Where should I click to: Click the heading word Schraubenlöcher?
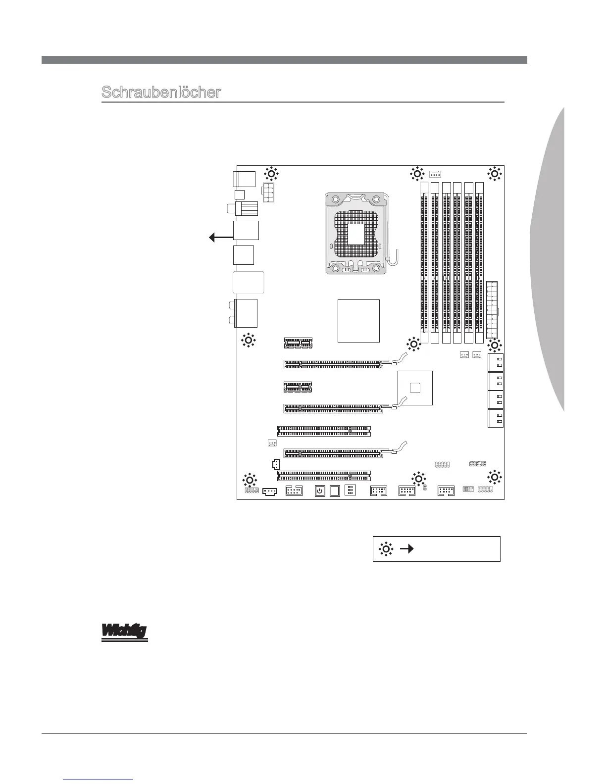(161, 93)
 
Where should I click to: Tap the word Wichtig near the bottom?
(125, 632)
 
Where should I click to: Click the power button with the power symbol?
(320, 491)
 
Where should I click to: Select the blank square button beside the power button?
(335, 491)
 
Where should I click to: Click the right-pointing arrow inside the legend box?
(407, 548)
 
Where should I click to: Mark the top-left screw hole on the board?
(271, 174)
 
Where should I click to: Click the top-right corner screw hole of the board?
(494, 174)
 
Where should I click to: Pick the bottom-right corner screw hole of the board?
(494, 477)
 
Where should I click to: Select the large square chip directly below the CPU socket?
(358, 321)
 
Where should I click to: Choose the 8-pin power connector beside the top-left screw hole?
(267, 192)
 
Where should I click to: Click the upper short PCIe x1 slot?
(298, 343)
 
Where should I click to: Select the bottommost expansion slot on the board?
(324, 476)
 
